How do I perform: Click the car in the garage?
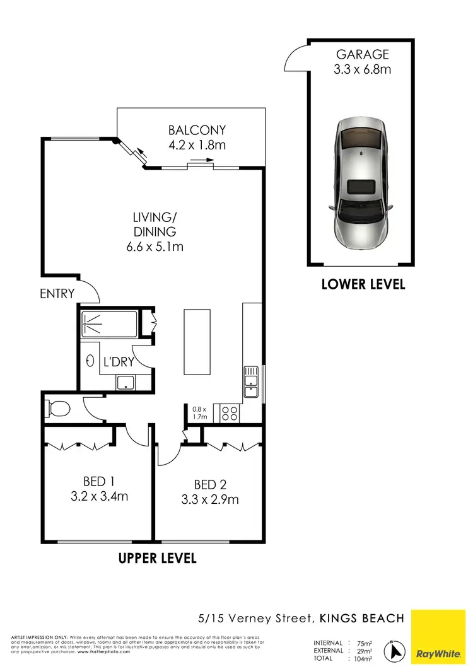pyautogui.click(x=362, y=183)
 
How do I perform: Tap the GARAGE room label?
pyautogui.click(x=362, y=54)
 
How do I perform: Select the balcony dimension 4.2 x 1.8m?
pyautogui.click(x=197, y=145)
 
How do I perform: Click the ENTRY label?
pyautogui.click(x=57, y=293)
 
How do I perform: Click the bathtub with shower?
pyautogui.click(x=109, y=325)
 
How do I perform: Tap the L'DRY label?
pyautogui.click(x=119, y=362)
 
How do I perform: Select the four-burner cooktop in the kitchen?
pyautogui.click(x=229, y=414)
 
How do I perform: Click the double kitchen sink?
pyautogui.click(x=251, y=383)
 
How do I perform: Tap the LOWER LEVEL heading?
pyautogui.click(x=363, y=284)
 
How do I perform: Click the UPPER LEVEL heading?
pyautogui.click(x=158, y=559)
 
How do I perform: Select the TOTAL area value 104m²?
pyautogui.click(x=362, y=658)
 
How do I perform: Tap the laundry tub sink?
pyautogui.click(x=124, y=381)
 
